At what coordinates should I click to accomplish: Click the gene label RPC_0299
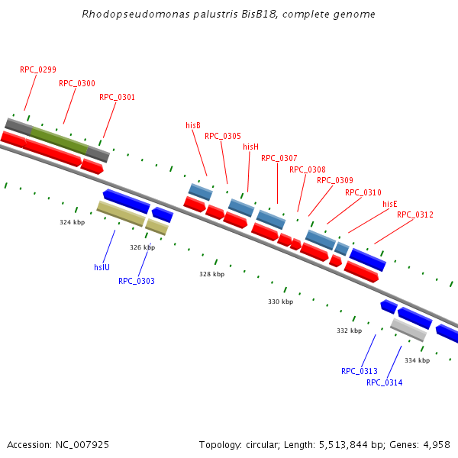(38, 69)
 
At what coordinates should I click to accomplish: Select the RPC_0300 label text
(77, 83)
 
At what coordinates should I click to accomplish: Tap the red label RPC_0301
(117, 97)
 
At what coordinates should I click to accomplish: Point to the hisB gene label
(193, 125)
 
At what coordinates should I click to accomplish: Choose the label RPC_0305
(223, 136)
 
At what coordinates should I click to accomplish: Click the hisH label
(250, 147)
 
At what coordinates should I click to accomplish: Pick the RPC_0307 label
(279, 158)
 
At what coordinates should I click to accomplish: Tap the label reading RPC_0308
(308, 169)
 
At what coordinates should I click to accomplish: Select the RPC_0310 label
(363, 192)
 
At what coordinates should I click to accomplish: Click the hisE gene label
(390, 204)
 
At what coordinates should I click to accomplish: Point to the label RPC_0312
(415, 214)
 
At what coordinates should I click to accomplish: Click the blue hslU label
(102, 267)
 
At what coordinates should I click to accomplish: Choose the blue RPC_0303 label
(137, 281)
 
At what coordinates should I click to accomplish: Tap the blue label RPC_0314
(384, 382)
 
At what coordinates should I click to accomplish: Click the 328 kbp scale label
(212, 274)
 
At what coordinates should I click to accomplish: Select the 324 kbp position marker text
(73, 222)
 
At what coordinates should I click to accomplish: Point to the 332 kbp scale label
(349, 331)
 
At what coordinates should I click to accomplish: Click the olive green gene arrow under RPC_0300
(59, 139)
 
